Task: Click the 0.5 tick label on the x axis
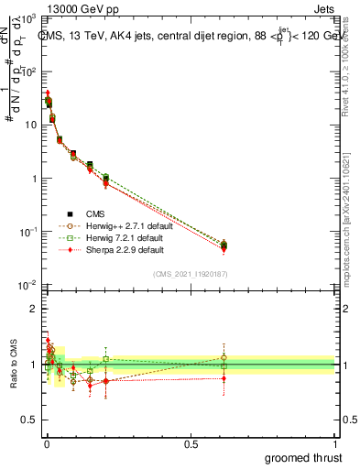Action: tap(191, 444)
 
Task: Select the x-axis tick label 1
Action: tap(334, 444)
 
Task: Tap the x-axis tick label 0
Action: tap(47, 444)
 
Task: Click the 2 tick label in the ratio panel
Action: tap(35, 309)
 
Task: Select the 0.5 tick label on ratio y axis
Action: tap(31, 420)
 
